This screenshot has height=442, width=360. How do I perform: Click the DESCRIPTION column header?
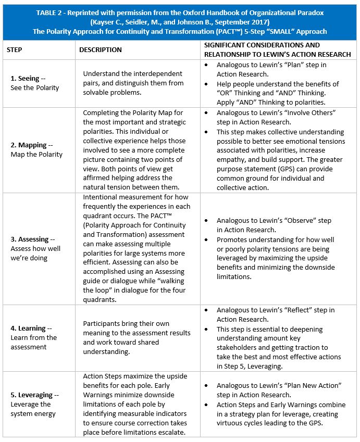click(100, 49)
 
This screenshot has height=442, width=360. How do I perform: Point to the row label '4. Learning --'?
click(32, 329)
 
